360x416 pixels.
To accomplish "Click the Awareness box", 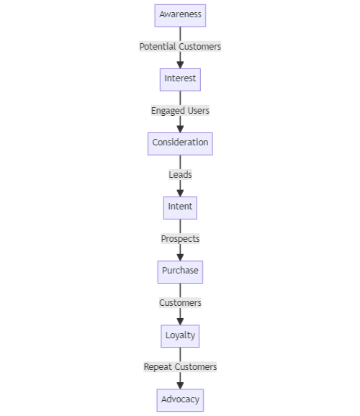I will point(180,15).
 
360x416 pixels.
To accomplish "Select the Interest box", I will point(180,78).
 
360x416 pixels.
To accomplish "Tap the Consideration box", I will point(180,143).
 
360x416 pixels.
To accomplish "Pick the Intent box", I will point(180,207).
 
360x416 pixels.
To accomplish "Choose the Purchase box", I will point(180,271).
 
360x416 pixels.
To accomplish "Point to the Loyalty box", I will point(180,335).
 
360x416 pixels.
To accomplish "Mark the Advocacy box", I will point(180,399).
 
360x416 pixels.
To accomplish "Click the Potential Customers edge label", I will point(180,47).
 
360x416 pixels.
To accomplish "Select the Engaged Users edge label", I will point(180,111).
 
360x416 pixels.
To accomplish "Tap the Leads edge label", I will point(180,175).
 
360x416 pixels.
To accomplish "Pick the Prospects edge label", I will point(180,239).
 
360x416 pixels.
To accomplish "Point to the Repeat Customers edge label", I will point(180,367).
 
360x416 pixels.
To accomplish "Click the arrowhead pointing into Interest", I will point(180,63).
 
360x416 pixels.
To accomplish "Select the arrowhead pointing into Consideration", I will point(180,127).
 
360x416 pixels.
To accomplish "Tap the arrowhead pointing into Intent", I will point(180,191).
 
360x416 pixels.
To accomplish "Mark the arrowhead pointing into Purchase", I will point(180,256).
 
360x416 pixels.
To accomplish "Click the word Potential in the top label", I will point(157,47).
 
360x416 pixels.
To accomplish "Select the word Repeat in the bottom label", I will point(157,367).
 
